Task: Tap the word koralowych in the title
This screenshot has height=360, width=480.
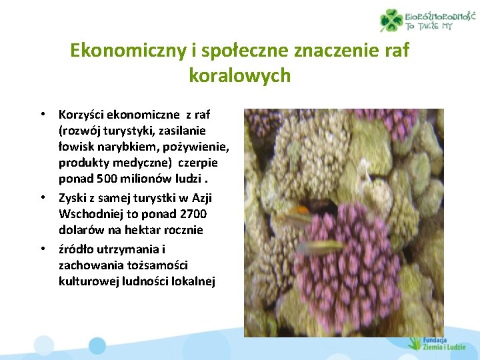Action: [239, 75]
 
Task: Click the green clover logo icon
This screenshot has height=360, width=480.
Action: [391, 20]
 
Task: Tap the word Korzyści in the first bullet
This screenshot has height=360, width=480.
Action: [82, 115]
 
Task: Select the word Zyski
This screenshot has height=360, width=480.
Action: [73, 197]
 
